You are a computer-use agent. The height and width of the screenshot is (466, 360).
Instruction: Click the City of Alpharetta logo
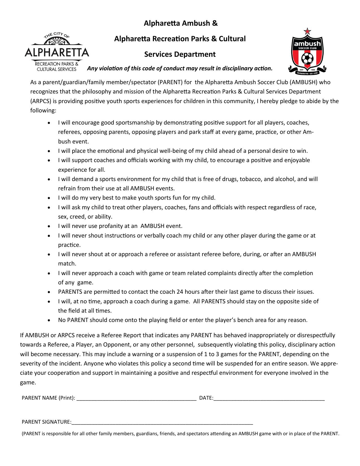(x=57, y=52)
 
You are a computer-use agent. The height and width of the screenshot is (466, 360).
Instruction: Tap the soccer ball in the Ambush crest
(x=307, y=59)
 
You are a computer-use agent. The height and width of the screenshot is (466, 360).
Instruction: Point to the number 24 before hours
(x=180, y=292)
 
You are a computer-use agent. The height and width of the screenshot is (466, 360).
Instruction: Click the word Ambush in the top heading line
(x=195, y=23)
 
